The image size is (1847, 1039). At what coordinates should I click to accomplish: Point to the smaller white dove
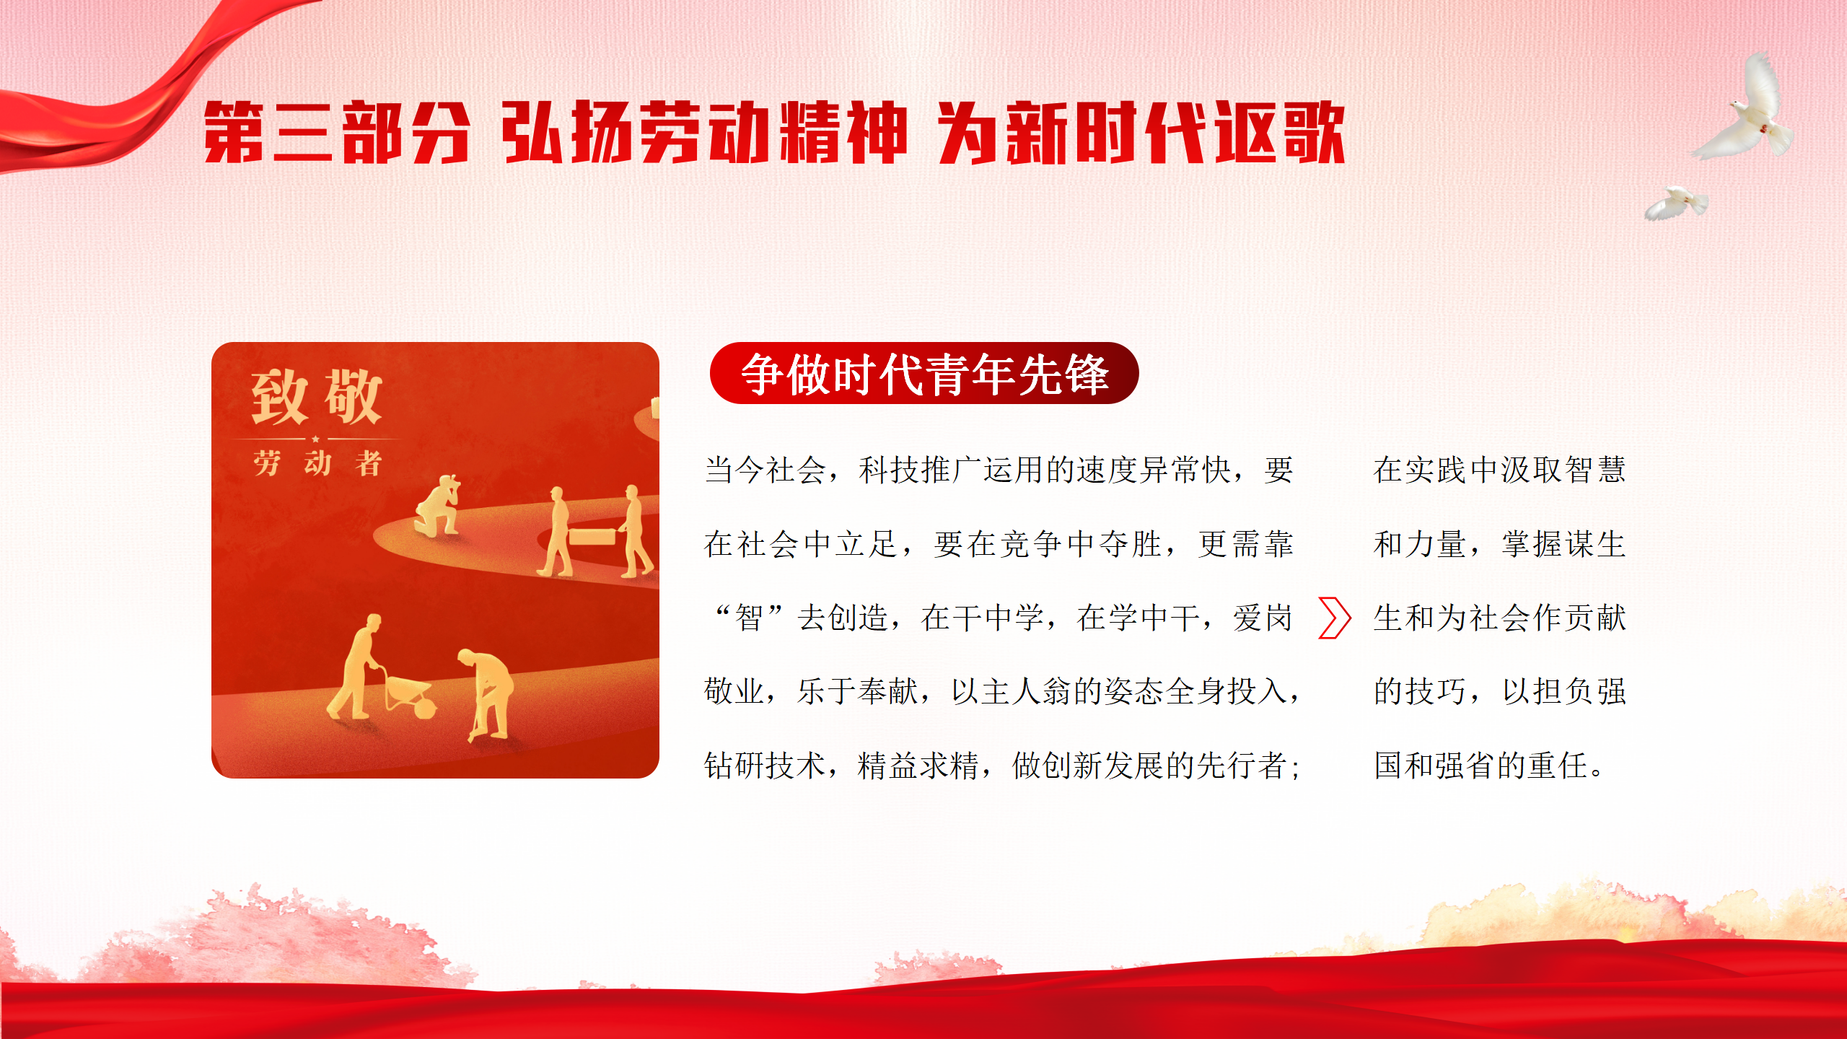coord(1675,203)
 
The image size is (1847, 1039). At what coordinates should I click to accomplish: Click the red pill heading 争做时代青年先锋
coord(924,373)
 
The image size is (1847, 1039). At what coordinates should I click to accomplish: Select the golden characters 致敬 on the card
coord(316,397)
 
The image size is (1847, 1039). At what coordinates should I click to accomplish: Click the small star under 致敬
coord(315,439)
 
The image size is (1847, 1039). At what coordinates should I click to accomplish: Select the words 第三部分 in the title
coord(337,133)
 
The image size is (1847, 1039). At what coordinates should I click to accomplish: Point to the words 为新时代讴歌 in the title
coord(1142,133)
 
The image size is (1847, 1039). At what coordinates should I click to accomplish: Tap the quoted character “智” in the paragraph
coord(748,618)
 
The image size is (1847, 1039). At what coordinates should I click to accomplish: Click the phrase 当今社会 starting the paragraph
coord(765,470)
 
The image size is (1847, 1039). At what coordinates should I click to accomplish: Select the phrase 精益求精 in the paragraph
coord(918,766)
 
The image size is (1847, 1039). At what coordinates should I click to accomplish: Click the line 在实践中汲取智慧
coord(1499,470)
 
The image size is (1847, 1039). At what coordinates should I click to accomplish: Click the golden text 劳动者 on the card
coord(317,463)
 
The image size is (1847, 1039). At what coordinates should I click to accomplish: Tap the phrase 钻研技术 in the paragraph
coord(765,766)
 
